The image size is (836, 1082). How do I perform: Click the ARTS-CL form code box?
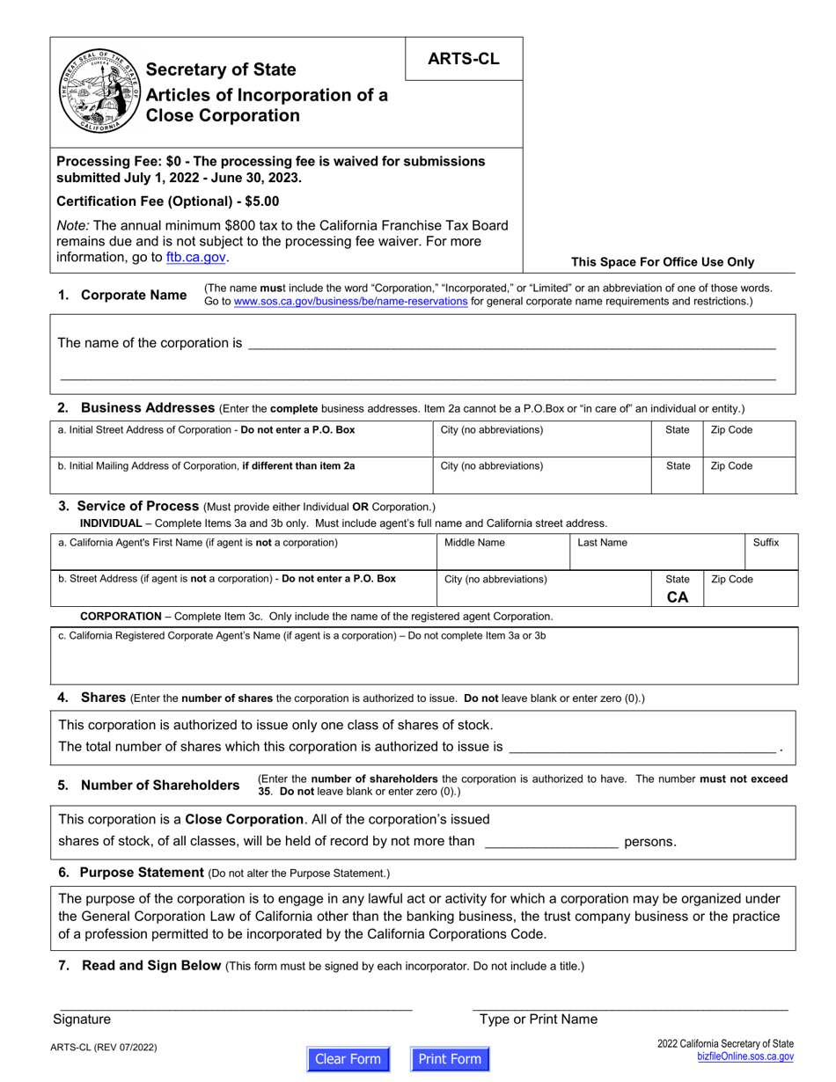[x=463, y=59]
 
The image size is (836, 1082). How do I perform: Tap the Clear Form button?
[x=348, y=1058]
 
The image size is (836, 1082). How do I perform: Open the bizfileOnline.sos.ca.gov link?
[x=744, y=1056]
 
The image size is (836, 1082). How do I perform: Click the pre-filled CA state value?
[x=678, y=597]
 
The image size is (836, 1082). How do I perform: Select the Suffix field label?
[x=766, y=543]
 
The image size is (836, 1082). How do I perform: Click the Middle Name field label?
[x=474, y=543]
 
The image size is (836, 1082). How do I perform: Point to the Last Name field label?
[x=602, y=543]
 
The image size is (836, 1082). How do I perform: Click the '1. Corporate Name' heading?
[x=122, y=296]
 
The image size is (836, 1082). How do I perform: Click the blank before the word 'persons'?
[x=551, y=842]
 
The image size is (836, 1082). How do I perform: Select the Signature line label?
[x=82, y=1020]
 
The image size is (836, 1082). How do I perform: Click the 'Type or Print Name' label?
[x=538, y=1020]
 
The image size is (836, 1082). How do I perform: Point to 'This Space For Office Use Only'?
[x=663, y=262]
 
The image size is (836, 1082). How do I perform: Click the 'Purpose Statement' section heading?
[x=142, y=873]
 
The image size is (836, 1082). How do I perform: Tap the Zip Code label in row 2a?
[x=731, y=430]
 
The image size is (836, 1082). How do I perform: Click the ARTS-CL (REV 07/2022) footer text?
[x=106, y=1048]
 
